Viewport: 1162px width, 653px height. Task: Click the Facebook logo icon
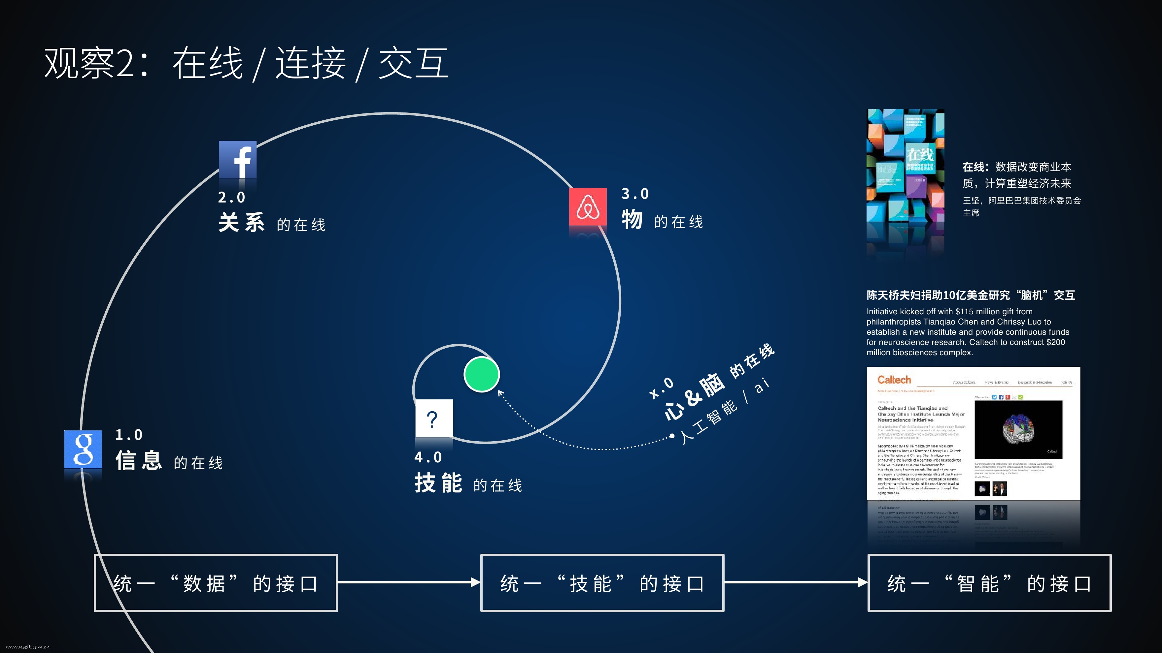pos(238,160)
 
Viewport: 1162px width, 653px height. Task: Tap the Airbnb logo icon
pos(588,207)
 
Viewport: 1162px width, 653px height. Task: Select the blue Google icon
pos(83,449)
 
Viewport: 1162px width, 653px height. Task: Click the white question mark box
pos(433,418)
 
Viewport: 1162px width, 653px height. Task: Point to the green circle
pos(481,374)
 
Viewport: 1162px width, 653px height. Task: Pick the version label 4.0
pos(428,457)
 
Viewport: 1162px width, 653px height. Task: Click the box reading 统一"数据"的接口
pos(216,583)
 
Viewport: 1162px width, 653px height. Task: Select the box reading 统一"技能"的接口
pos(602,583)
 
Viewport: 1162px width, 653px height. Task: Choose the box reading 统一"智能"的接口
pos(989,583)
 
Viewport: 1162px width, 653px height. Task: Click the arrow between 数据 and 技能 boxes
pos(409,582)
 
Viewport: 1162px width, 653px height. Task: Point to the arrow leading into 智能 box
pos(796,582)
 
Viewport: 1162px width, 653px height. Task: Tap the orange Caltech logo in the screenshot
pos(894,380)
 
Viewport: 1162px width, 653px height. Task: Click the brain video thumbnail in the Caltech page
pos(1018,429)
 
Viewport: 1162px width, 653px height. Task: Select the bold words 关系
pos(242,223)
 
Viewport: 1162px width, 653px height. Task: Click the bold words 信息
pos(139,461)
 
